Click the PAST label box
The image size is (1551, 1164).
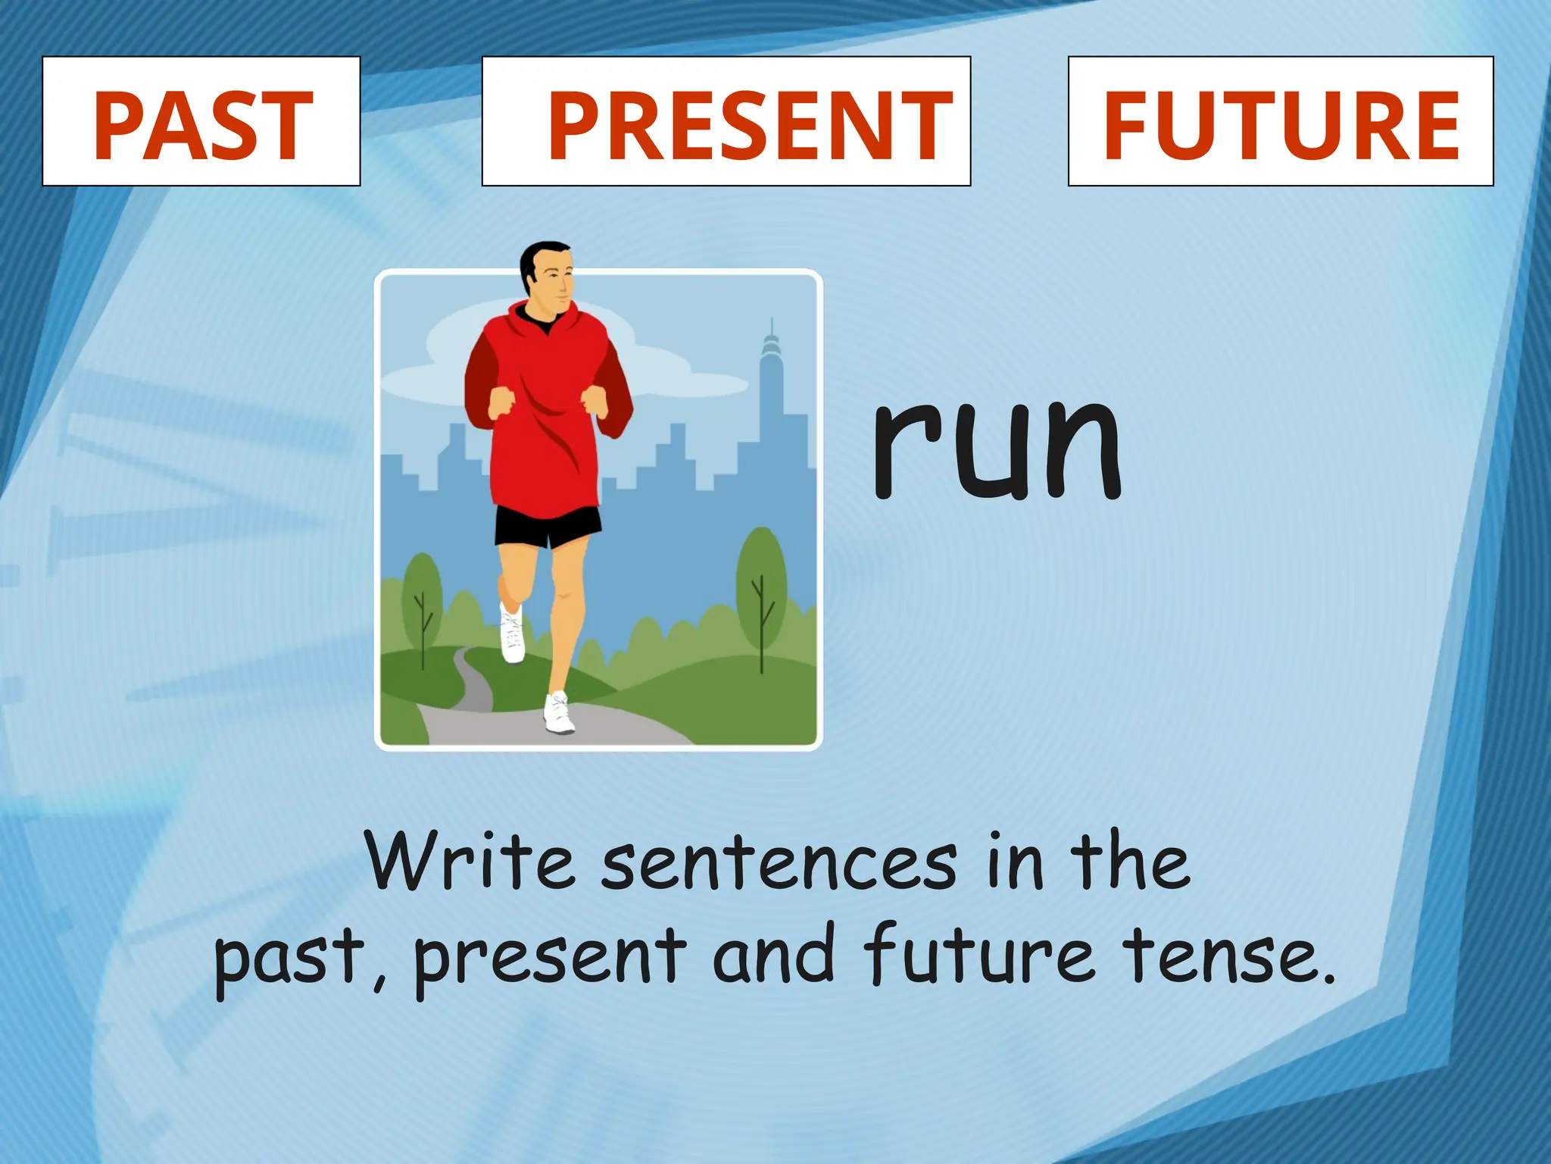point(201,121)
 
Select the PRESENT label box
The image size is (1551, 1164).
point(726,121)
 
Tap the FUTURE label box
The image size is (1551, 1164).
point(1281,121)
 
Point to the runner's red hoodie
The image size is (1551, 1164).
point(545,409)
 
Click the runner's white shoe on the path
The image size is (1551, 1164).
point(559,714)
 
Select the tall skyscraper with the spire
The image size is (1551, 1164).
point(772,394)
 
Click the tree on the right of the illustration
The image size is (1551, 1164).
point(761,584)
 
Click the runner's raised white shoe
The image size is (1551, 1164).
point(513,633)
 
